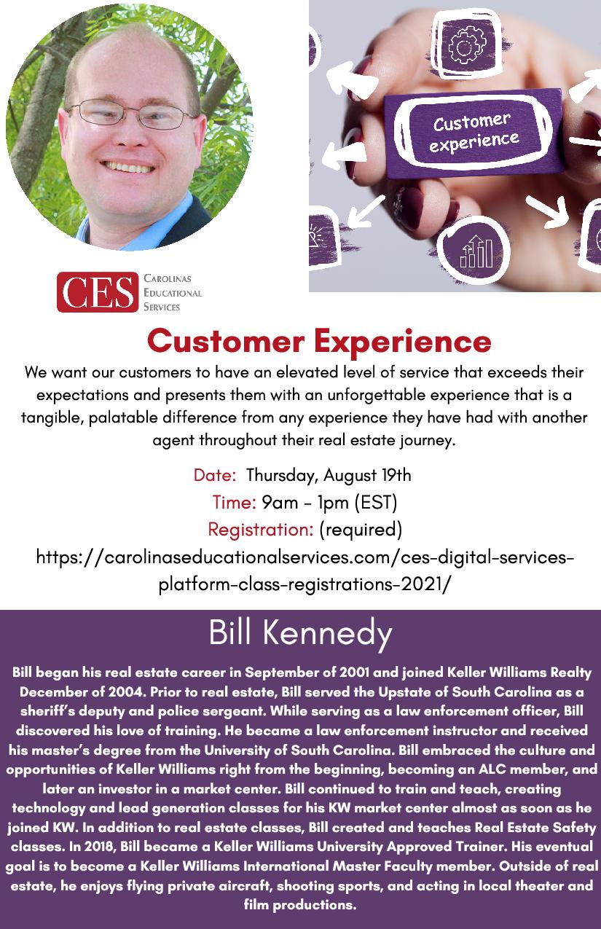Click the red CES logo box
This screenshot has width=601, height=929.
click(98, 292)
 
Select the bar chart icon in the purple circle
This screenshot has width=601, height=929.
click(476, 251)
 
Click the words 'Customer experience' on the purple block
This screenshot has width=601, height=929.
click(474, 133)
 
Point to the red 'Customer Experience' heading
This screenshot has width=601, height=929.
click(319, 341)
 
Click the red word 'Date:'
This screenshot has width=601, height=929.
click(215, 475)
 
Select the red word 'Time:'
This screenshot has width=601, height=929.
click(235, 502)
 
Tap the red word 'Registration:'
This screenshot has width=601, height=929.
click(261, 529)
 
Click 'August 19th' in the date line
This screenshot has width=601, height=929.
click(367, 475)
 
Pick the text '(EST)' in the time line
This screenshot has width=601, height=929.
click(376, 502)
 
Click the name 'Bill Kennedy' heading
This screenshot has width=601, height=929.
click(300, 634)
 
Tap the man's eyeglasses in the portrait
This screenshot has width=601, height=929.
click(131, 113)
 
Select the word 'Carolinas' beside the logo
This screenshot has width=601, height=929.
click(167, 278)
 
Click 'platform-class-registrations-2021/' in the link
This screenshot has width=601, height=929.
click(305, 584)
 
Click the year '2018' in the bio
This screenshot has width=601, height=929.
click(100, 846)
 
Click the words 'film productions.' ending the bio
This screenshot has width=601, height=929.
click(300, 904)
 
